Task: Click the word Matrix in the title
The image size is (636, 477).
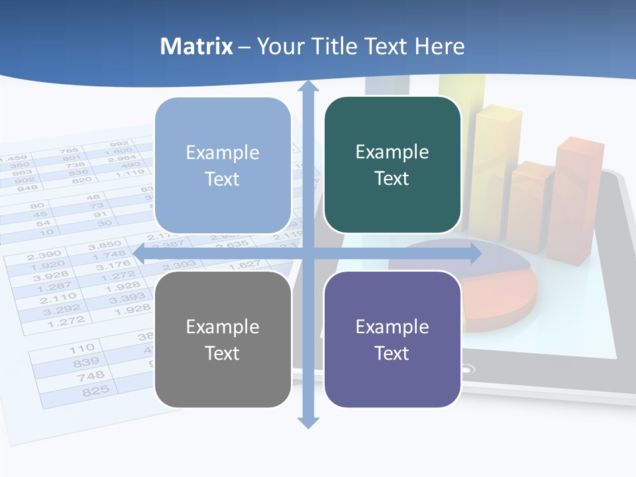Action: pos(197,46)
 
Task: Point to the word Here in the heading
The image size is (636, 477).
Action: pos(440,46)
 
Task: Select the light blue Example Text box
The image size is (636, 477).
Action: pos(223,166)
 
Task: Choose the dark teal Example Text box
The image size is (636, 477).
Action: pos(392,165)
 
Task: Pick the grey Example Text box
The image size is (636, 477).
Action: pos(223,339)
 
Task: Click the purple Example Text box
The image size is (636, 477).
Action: pos(392,339)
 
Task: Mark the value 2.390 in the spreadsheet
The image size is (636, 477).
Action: pos(44,254)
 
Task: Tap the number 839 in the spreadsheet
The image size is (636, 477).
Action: pos(87,362)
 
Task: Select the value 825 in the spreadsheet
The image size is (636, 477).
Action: pos(95,391)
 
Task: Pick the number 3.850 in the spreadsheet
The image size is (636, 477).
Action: pos(105,245)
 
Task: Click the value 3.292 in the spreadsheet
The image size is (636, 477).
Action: pos(62,309)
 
